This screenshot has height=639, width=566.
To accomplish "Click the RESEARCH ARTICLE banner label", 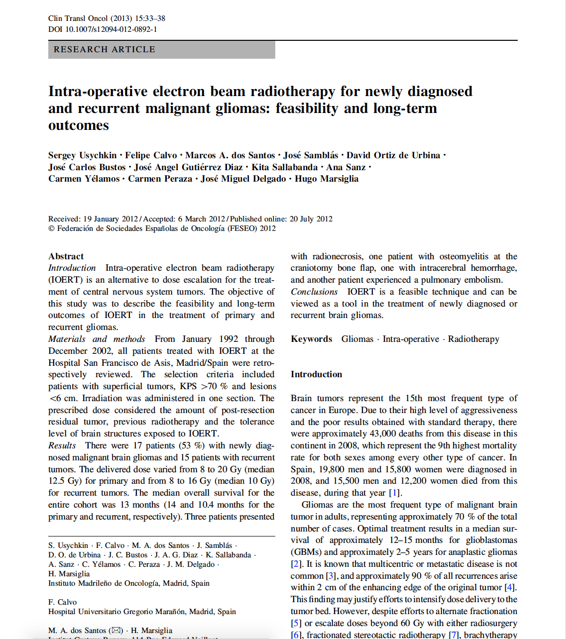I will click(105, 50).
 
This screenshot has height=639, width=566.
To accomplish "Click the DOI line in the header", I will click(103, 29).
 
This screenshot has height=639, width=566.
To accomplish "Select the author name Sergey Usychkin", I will click(82, 155).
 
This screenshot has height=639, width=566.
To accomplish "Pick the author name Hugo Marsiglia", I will click(327, 179).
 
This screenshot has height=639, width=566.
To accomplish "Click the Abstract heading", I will click(66, 256).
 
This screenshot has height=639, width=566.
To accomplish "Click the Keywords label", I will click(311, 339).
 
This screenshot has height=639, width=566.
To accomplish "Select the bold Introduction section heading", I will click(316, 374).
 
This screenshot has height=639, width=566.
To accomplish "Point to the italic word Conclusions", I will click(314, 292).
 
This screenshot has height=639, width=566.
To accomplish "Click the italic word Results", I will click(62, 445).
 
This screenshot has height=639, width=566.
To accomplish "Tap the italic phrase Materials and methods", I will click(97, 339).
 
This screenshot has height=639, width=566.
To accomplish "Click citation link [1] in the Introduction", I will click(394, 493).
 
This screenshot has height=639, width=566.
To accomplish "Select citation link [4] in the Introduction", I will click(510, 587).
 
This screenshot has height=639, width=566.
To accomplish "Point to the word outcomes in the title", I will click(79, 125).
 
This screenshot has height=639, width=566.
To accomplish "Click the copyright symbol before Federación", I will click(51, 228).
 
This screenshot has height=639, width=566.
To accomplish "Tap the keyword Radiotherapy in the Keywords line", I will click(473, 339).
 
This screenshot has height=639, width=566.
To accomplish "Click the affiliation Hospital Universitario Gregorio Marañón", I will click(142, 612).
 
